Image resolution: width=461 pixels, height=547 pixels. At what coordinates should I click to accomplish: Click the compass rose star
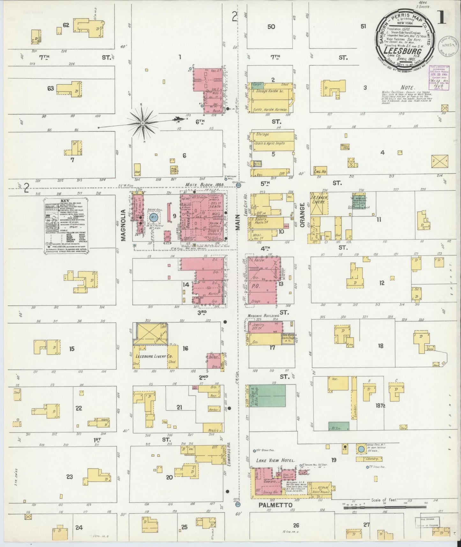click(x=143, y=123)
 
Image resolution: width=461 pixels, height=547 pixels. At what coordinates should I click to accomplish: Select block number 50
click(x=271, y=27)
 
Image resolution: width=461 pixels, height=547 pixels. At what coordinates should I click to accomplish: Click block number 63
click(x=50, y=89)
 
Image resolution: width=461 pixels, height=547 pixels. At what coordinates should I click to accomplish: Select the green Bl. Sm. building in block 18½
click(x=338, y=426)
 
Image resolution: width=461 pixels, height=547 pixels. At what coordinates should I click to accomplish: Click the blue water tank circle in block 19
click(x=361, y=449)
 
